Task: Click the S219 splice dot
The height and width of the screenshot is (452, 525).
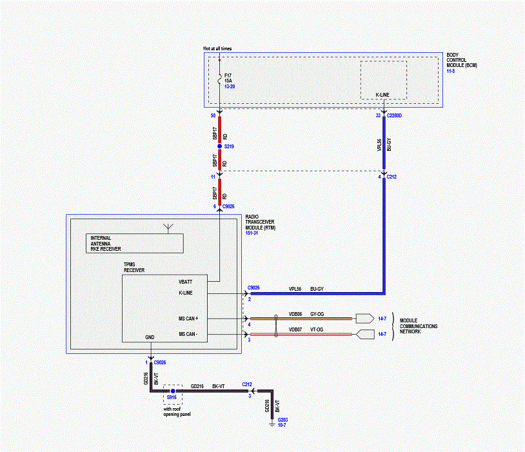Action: (220, 146)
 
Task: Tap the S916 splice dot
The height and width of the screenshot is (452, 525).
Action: (173, 391)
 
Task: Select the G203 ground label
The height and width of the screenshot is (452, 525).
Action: (282, 420)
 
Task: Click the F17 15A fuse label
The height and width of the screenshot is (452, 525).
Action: (228, 78)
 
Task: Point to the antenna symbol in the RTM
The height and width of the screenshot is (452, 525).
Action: (168, 228)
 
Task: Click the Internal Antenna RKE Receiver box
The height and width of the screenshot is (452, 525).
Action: (135, 244)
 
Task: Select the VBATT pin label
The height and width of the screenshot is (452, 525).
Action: (185, 282)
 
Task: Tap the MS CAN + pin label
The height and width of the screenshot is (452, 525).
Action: (188, 319)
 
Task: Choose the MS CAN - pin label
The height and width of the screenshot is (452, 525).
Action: (188, 334)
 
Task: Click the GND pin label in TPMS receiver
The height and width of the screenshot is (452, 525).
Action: (150, 337)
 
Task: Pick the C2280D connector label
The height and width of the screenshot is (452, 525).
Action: (394, 115)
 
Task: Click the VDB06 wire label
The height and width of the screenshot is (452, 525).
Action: (295, 314)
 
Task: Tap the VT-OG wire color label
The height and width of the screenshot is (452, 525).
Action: (317, 329)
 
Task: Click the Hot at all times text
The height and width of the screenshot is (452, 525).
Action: (217, 48)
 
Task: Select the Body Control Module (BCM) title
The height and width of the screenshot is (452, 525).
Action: (462, 60)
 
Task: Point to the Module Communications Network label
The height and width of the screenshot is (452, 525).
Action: (419, 326)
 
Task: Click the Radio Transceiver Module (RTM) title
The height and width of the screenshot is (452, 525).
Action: (260, 222)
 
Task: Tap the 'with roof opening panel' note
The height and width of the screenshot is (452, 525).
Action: (177, 412)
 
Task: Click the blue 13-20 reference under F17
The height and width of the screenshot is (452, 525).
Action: (230, 86)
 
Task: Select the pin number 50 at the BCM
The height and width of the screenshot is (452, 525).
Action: (213, 115)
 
